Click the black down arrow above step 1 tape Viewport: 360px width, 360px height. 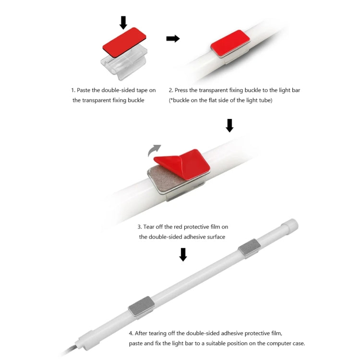[x=123, y=23]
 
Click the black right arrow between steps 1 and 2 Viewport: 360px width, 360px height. [x=173, y=38]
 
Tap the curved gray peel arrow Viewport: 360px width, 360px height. [x=154, y=150]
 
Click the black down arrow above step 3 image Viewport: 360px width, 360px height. [x=229, y=125]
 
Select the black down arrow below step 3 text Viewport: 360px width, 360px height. [x=183, y=254]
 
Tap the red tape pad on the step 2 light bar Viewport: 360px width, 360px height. [x=230, y=44]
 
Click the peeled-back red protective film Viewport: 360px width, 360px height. [x=182, y=164]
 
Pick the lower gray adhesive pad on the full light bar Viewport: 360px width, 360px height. [x=141, y=307]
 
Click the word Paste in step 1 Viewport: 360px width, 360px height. [x=84, y=90]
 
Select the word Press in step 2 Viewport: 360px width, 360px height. [x=181, y=90]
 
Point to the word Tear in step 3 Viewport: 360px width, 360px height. [x=149, y=227]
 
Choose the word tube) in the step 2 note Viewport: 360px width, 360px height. [x=265, y=100]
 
